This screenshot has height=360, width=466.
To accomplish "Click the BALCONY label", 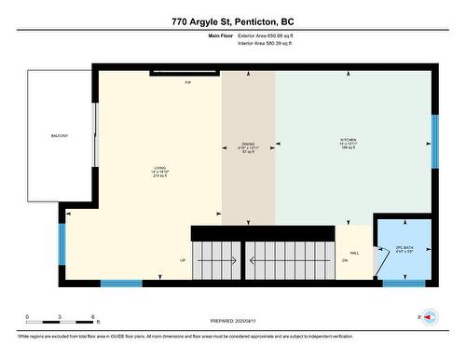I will (x=60, y=136).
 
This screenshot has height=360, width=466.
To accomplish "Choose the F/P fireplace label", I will (x=187, y=83).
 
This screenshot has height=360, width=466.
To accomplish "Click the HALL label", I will (x=354, y=253).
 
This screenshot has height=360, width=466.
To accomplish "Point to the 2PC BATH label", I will (x=404, y=248).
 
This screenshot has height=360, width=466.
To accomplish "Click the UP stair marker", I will (x=183, y=260).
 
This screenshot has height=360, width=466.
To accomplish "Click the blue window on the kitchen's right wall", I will (x=434, y=141).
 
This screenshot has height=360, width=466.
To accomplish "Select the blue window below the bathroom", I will (x=404, y=284).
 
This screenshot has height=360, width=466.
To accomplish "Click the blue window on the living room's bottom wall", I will (x=121, y=284).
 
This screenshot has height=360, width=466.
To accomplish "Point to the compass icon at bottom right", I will (x=430, y=317).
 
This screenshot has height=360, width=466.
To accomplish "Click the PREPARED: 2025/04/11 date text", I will (x=233, y=320).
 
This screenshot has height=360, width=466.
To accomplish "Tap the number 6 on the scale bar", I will (x=79, y=317).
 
